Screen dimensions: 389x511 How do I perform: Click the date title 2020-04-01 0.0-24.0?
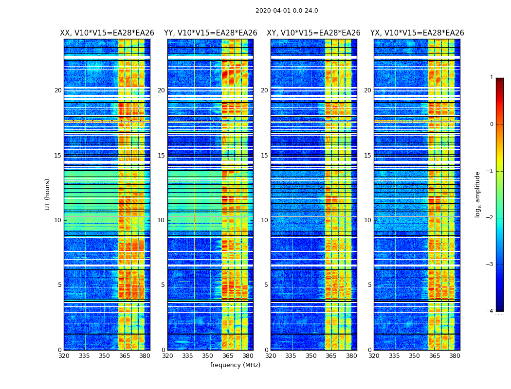pyautogui.click(x=287, y=11)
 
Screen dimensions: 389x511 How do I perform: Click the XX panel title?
pyautogui.click(x=107, y=33)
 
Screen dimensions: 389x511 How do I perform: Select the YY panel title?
pyautogui.click(x=210, y=33)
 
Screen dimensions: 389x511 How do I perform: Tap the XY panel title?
pyautogui.click(x=313, y=33)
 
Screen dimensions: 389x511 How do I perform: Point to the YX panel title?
pyautogui.click(x=417, y=33)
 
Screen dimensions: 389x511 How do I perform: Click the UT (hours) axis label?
pyautogui.click(x=48, y=194)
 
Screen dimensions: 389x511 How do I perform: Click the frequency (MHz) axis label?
pyautogui.click(x=235, y=365)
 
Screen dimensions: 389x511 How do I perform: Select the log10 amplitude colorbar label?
pyautogui.click(x=478, y=194)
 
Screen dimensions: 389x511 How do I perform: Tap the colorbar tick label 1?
pyautogui.click(x=492, y=78)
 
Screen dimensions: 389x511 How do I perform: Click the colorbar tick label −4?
pyautogui.click(x=490, y=311)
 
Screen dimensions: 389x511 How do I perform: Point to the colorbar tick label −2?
pyautogui.click(x=490, y=218)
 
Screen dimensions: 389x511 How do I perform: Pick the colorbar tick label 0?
pyautogui.click(x=492, y=124)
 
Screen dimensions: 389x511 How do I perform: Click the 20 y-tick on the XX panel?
pyautogui.click(x=58, y=90)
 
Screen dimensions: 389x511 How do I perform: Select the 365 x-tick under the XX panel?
pyautogui.click(x=125, y=356)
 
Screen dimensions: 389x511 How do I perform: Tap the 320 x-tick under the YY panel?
pyautogui.click(x=167, y=356)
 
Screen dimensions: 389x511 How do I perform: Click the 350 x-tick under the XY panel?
pyautogui.click(x=311, y=356)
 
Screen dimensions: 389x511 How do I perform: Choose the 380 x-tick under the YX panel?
pyautogui.click(x=455, y=356)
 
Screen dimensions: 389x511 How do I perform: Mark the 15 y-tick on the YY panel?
pyautogui.click(x=161, y=156)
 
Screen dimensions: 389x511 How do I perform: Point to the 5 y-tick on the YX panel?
pyautogui.click(x=369, y=285)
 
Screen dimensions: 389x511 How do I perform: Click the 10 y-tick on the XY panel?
pyautogui.click(x=264, y=220)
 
